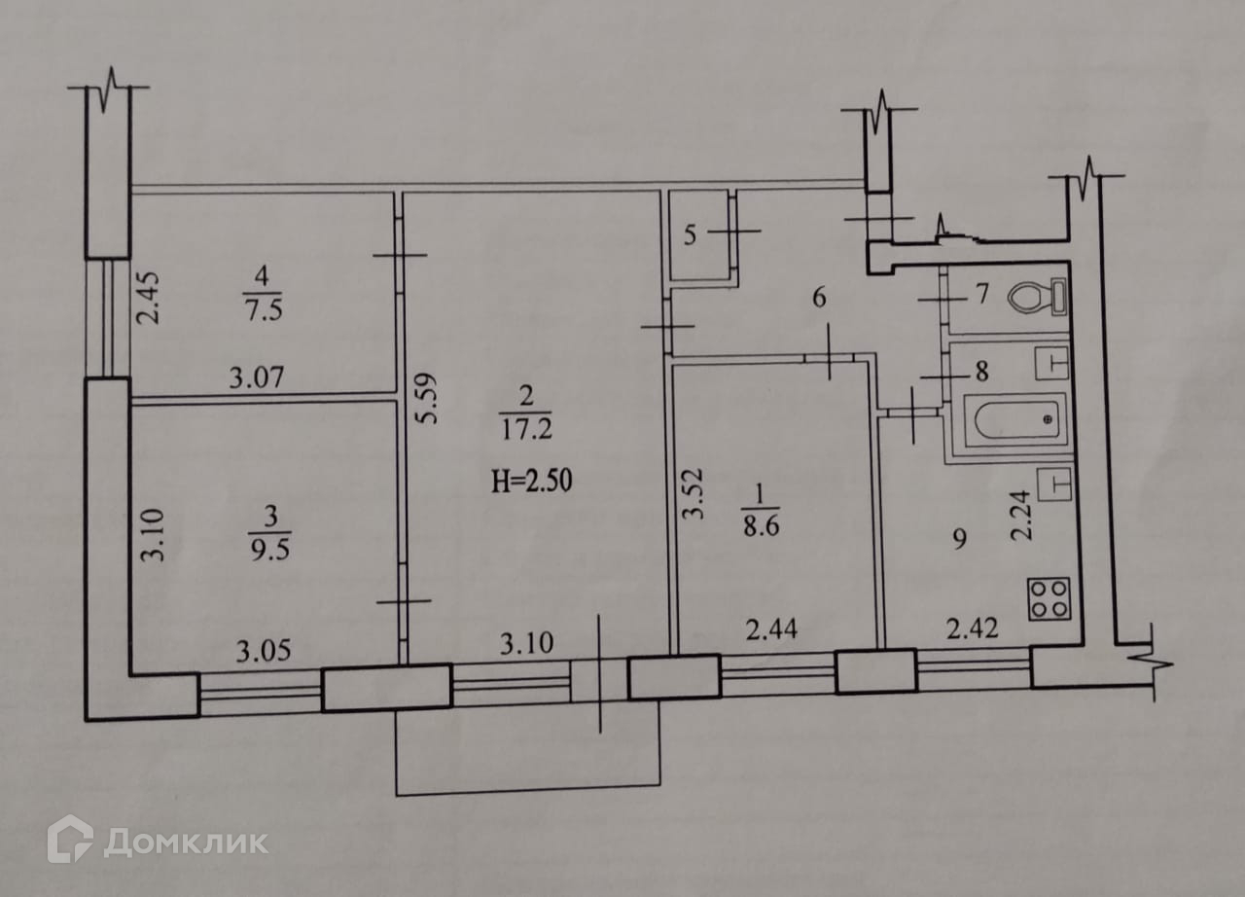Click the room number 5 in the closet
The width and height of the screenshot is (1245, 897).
(x=690, y=234)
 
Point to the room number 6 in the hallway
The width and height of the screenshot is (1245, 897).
(x=819, y=298)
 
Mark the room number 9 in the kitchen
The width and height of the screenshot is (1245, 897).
(x=959, y=540)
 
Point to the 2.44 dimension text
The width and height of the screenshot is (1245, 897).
(x=773, y=630)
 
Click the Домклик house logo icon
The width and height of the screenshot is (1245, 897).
(x=70, y=839)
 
